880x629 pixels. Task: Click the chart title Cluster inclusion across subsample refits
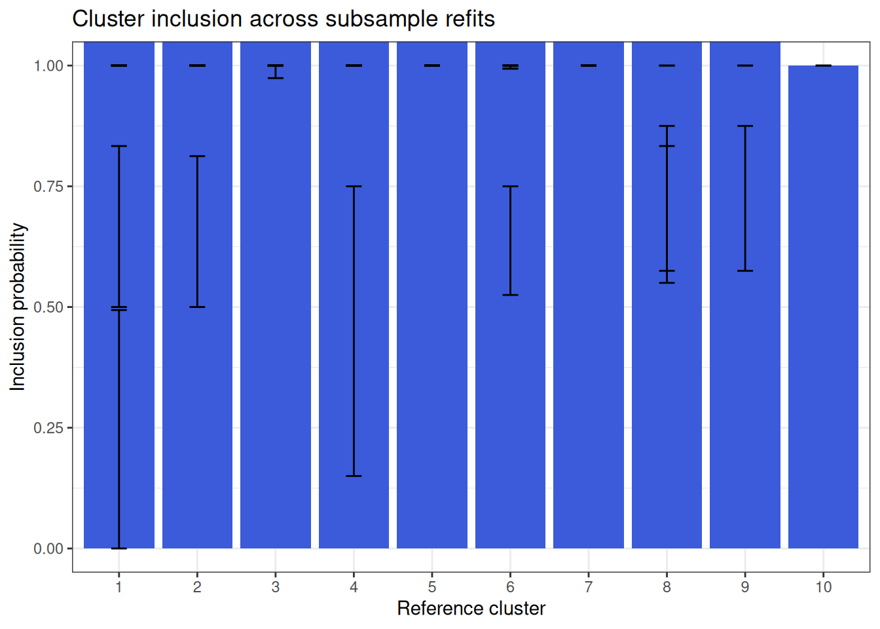click(x=284, y=18)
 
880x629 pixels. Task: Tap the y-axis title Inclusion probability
click(x=17, y=307)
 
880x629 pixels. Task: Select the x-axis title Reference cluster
click(x=471, y=609)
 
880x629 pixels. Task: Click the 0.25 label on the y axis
click(x=48, y=428)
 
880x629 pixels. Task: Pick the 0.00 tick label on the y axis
click(x=48, y=548)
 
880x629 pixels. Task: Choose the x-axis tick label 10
click(x=824, y=587)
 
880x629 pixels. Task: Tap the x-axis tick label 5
click(x=432, y=587)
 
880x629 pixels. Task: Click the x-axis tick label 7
click(x=589, y=587)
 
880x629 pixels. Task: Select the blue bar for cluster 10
click(x=824, y=307)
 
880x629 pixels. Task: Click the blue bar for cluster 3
click(x=276, y=295)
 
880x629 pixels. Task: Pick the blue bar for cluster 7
click(x=589, y=295)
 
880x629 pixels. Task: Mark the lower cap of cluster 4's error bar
click(x=354, y=476)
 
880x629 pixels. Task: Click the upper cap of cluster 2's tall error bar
click(x=197, y=156)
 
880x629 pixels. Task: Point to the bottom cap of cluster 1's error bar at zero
click(x=119, y=548)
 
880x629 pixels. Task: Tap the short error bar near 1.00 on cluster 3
click(x=276, y=72)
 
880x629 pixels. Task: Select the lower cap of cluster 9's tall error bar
click(x=745, y=271)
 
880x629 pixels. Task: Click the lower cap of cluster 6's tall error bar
click(x=510, y=295)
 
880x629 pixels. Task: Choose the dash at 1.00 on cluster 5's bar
click(x=432, y=66)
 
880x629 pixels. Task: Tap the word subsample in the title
click(x=382, y=20)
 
